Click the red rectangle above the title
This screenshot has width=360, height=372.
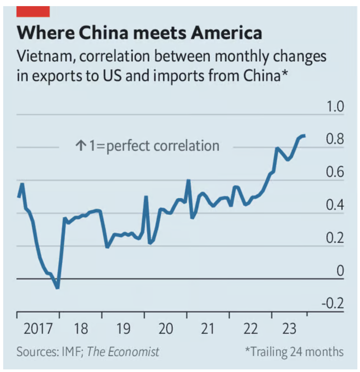pos(33,12)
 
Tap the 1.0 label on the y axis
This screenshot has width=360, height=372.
pos(335,106)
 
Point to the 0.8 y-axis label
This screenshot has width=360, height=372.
pos(335,139)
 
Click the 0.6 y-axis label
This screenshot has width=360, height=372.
pos(335,172)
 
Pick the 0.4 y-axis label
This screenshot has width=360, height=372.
pos(335,205)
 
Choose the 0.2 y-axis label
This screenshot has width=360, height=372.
pos(335,238)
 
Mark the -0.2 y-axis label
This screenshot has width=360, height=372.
pos(333,303)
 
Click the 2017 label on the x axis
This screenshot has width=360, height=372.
pos(38,329)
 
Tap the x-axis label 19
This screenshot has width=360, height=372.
pos(123,329)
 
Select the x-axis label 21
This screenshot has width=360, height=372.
pos(208,329)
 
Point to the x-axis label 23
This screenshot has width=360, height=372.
pos(289,329)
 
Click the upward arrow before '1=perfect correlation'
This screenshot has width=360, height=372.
pos(81,145)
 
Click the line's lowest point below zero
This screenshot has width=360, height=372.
pos(57,287)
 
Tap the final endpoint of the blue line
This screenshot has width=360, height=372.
pos(304,136)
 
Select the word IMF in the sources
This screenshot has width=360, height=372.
pos(71,352)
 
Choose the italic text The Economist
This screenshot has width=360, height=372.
pos(123,352)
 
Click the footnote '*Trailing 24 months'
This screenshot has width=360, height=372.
pos(294,352)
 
